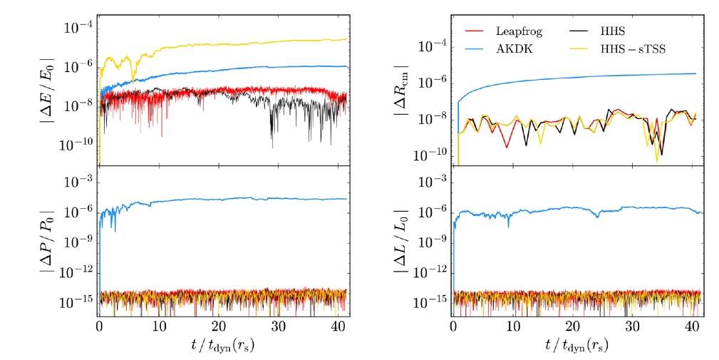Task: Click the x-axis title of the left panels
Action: click(224, 349)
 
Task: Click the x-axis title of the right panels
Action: click(578, 349)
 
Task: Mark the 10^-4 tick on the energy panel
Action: click(81, 28)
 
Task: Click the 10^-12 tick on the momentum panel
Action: click(77, 272)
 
